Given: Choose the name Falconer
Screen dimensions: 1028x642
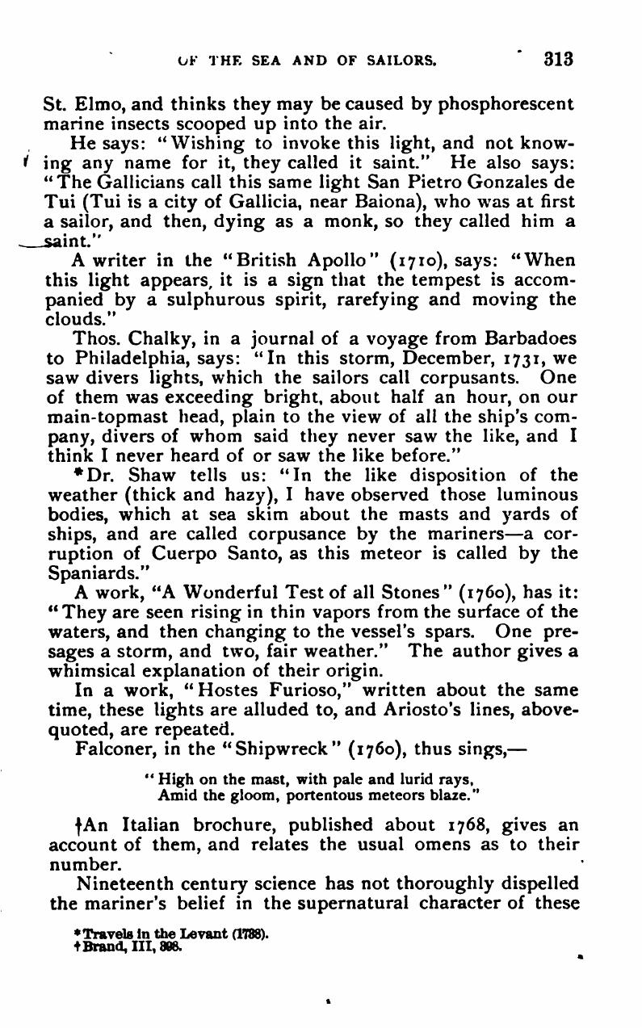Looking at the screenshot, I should (111, 749).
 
